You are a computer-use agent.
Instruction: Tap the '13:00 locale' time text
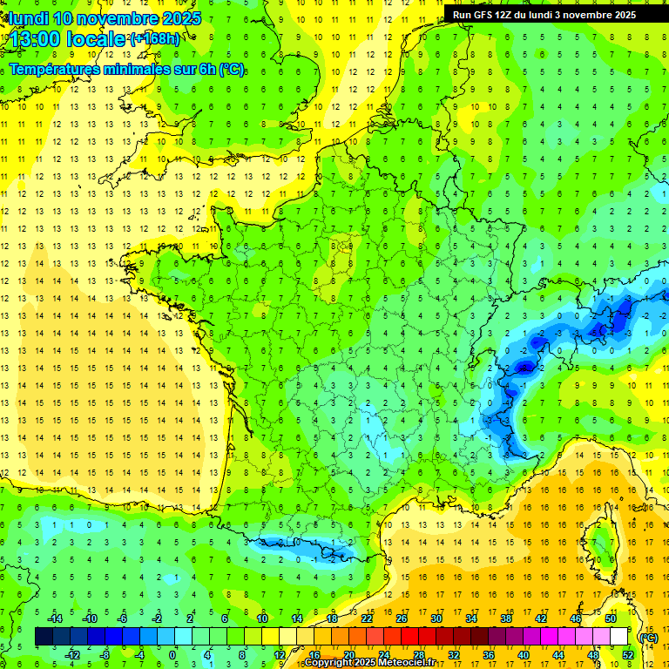tap(65, 39)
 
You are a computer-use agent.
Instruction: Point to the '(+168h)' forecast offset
tap(155, 39)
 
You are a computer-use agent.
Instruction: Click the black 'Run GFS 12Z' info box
tap(544, 14)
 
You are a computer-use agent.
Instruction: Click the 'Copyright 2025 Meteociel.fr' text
tap(370, 663)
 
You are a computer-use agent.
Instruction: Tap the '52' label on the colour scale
tap(628, 655)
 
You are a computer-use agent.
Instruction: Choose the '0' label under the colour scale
tap(172, 655)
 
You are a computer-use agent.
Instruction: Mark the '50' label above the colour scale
tap(610, 618)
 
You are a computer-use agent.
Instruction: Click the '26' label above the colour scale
tap(402, 618)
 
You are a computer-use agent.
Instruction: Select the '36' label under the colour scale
tap(488, 655)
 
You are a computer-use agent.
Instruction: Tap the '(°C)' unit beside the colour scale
tap(648, 637)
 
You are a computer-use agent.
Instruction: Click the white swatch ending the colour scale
tap(618, 637)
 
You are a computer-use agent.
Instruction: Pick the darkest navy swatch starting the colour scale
tap(44, 637)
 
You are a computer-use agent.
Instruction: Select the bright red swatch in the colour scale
tap(409, 637)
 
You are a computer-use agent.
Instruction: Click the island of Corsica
tap(599, 544)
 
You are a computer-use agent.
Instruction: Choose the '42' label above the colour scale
tap(540, 618)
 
